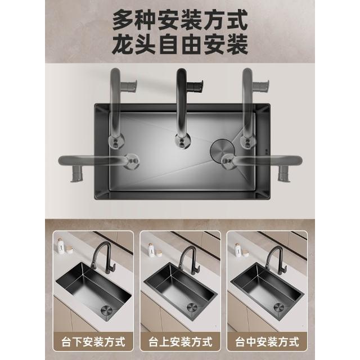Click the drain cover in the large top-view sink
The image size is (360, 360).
tap(222, 150)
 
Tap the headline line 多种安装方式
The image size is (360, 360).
tap(180, 20)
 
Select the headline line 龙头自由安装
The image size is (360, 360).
tap(180, 44)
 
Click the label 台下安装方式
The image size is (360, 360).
tap(93, 342)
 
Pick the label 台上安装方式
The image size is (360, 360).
tap(180, 342)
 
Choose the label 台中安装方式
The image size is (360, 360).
tap(267, 342)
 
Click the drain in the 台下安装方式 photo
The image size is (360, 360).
tap(106, 310)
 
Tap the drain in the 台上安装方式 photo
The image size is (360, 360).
tap(192, 308)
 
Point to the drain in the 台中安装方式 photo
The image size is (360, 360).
tap(279, 308)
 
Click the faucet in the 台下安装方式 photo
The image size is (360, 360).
tap(103, 257)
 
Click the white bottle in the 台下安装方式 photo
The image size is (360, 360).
tap(60, 246)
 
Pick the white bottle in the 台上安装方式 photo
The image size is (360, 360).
tap(151, 250)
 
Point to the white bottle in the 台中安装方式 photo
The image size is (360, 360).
tap(237, 250)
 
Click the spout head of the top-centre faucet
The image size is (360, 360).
tap(195, 86)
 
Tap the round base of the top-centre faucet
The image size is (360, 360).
tap(182, 141)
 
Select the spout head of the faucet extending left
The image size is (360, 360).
tap(77, 174)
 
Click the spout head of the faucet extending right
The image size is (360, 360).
tap(284, 174)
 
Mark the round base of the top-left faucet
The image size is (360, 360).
tap(116, 141)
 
